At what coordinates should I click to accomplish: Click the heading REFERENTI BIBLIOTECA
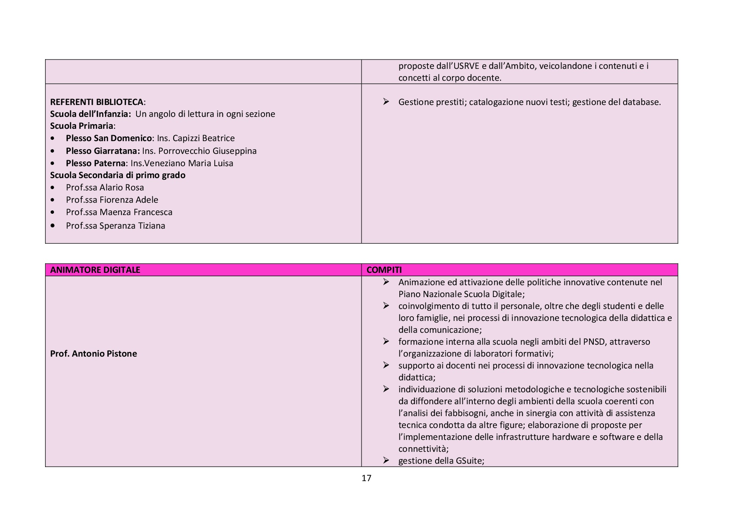coord(97,102)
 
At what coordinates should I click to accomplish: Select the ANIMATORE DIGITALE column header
coord(95,270)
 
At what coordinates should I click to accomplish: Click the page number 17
coord(366,478)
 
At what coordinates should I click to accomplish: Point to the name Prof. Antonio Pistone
coord(94,354)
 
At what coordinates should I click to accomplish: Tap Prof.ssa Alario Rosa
coord(105,187)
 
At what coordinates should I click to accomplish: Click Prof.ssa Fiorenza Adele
coord(112,200)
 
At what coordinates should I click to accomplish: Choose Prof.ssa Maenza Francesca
coord(119,212)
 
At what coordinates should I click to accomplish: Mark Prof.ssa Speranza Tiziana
coord(115,226)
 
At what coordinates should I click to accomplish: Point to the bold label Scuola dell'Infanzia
coord(90,114)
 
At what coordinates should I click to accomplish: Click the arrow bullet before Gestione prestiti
coord(386,102)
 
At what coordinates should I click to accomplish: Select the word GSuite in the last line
coord(469,461)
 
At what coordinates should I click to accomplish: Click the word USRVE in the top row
coord(466,66)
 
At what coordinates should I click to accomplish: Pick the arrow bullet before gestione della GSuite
coord(386,460)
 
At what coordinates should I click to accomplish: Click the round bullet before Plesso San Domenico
coord(52,139)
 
